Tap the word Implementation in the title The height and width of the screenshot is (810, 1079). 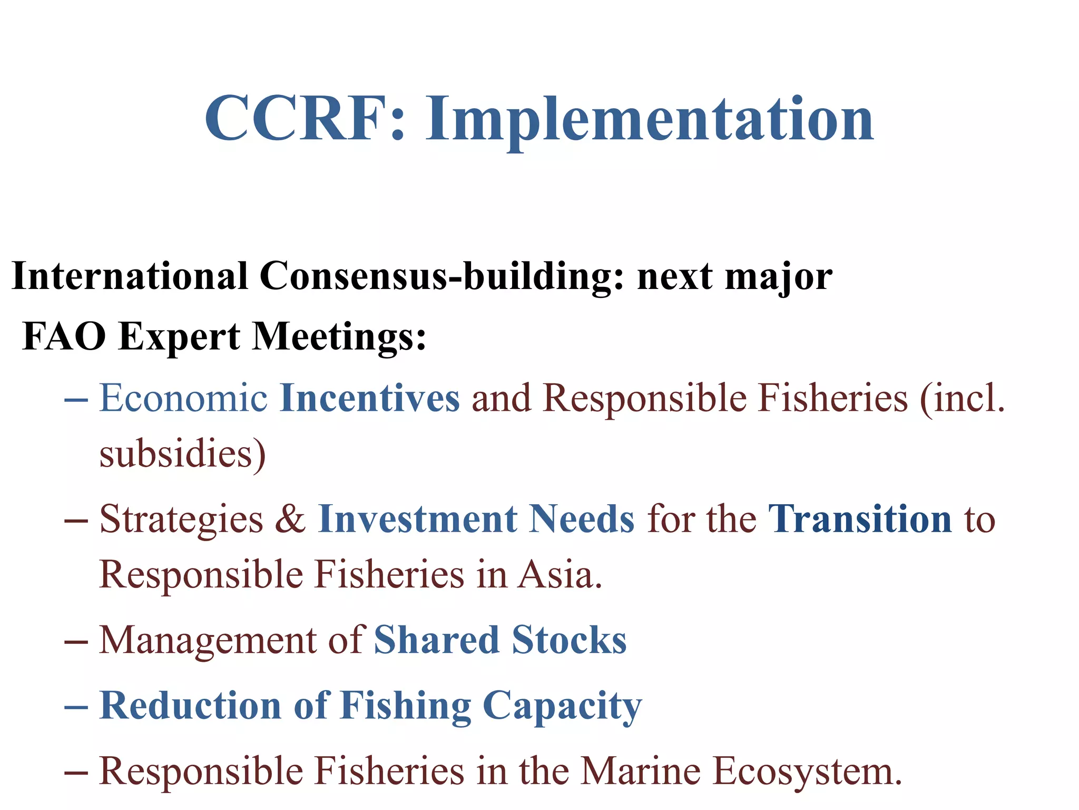(x=650, y=121)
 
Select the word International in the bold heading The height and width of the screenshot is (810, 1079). (x=130, y=276)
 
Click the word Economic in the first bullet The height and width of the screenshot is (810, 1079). (x=183, y=398)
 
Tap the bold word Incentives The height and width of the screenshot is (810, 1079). (x=370, y=398)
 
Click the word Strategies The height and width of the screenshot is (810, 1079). (x=181, y=520)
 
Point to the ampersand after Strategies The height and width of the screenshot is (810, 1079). (x=290, y=519)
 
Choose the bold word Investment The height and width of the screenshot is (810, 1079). (x=418, y=519)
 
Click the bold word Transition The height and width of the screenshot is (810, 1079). (x=860, y=519)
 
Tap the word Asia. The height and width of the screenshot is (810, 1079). (x=560, y=574)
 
